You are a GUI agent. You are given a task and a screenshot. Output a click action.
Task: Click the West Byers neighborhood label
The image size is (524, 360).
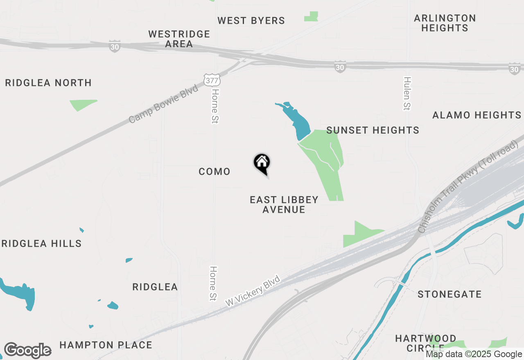[251, 20]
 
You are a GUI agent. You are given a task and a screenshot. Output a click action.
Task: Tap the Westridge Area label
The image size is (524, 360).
[179, 39]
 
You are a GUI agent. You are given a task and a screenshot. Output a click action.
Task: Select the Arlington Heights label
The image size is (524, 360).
[445, 23]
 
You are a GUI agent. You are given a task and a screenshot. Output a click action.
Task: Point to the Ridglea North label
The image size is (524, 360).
[48, 83]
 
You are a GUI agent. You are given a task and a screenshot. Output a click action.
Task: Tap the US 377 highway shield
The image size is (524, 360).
[212, 80]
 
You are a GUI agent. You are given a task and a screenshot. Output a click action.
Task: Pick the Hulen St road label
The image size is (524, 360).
[407, 93]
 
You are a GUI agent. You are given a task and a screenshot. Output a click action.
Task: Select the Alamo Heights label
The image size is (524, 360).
[477, 115]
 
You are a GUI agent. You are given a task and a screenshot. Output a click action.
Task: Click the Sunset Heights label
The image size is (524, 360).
[373, 130]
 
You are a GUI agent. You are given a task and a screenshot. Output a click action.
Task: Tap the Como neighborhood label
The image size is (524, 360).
[215, 171]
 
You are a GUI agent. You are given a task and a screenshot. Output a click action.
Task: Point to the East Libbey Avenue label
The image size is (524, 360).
[284, 205]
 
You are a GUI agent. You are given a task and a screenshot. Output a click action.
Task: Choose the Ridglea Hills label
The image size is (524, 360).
[41, 243]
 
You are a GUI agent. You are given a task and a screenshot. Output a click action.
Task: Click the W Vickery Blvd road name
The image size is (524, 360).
[253, 291]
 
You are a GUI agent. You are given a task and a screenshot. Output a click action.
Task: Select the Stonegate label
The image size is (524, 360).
[449, 294]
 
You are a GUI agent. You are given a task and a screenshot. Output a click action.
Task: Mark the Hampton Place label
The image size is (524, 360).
[106, 345]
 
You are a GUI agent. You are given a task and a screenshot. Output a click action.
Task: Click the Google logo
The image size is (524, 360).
[27, 350]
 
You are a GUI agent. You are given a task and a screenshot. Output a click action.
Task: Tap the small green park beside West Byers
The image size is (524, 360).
[312, 17]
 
